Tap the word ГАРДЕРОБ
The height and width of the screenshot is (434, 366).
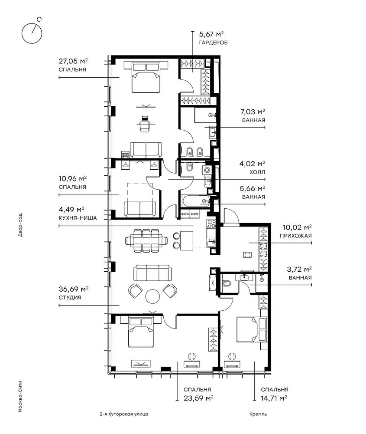213,43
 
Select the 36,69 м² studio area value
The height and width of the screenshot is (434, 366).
74,289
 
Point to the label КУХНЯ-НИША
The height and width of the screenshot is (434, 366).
78,218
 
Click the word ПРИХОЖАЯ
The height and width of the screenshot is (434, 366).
295,236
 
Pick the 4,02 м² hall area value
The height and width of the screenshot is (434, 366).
252,164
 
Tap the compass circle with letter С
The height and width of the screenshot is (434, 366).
32,33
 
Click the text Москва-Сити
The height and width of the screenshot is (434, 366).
20,396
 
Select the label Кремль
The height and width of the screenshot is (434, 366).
258,414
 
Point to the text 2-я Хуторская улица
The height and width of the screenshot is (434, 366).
124,414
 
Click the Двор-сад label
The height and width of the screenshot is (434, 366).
20,225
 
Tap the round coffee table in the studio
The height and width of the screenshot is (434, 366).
152,296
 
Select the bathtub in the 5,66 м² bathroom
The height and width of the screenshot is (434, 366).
195,201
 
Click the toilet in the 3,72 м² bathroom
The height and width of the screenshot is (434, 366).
227,283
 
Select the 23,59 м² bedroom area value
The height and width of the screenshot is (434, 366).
198,398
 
